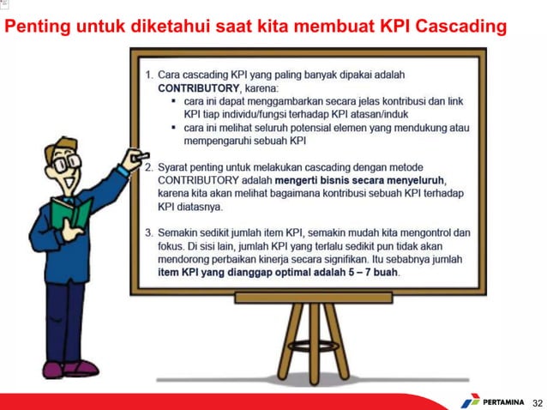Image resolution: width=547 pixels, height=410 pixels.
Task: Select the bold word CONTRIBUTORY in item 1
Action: (196, 87)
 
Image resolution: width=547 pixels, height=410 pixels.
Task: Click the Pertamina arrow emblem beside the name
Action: (471, 400)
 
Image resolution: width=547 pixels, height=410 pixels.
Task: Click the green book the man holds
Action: (69, 212)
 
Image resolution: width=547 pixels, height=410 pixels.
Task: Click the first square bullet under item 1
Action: (174, 100)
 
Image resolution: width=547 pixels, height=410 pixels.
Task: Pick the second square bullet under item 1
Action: (174, 127)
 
